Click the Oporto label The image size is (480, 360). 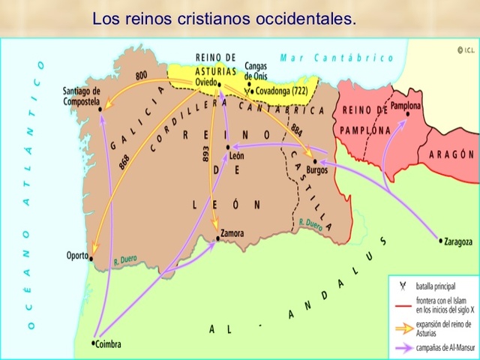coord(76,256)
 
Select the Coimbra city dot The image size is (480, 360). coord(93,343)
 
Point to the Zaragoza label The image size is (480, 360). coord(459,241)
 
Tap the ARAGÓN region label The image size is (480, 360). coord(452,154)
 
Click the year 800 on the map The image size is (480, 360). coord(141,75)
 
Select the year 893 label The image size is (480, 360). coord(205,154)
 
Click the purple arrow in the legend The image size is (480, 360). coord(402,349)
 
